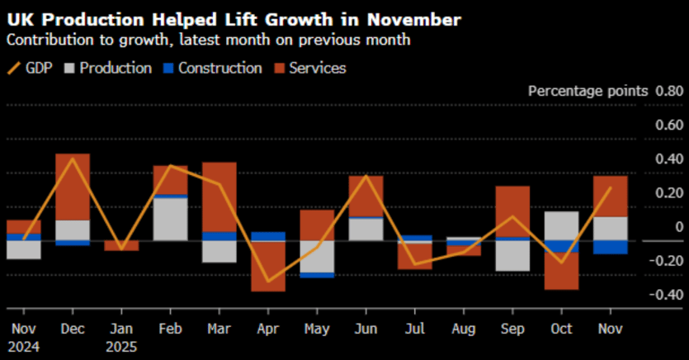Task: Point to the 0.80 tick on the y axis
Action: click(668, 91)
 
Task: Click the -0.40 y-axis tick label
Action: click(665, 296)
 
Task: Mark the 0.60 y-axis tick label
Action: click(669, 125)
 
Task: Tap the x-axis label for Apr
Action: click(267, 328)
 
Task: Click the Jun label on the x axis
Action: click(365, 328)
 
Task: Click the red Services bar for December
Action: click(73, 187)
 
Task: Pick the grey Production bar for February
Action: click(170, 220)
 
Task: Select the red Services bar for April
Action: click(268, 266)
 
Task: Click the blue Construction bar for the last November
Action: click(610, 247)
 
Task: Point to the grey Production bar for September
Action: click(512, 255)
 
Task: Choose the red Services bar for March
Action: click(219, 197)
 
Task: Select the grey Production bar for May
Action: click(317, 256)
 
